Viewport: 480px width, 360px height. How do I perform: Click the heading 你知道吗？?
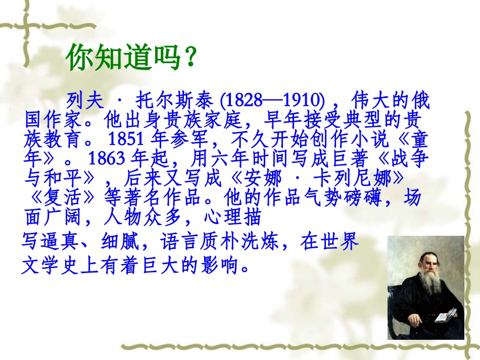point(130,59)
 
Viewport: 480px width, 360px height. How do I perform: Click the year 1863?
point(106,158)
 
